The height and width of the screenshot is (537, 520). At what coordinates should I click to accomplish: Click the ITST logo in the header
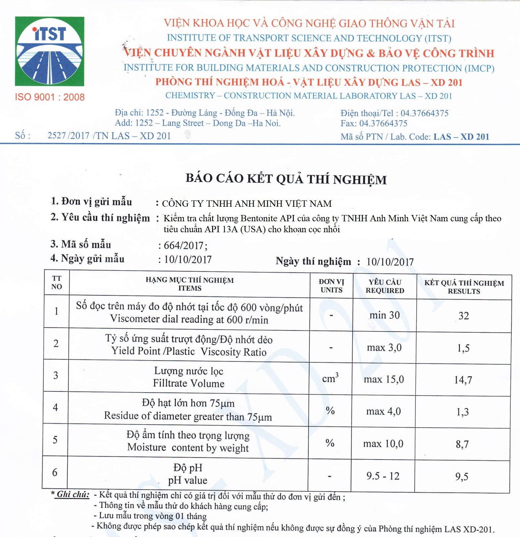pyautogui.click(x=49, y=51)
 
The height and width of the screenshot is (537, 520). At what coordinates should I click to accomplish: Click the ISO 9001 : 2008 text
pyautogui.click(x=50, y=97)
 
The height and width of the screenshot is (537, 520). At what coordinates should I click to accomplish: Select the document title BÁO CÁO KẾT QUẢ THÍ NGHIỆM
pyautogui.click(x=286, y=179)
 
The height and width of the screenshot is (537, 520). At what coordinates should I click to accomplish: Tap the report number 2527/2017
pyautogui.click(x=68, y=135)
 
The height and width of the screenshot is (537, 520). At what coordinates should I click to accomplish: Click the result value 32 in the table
pyautogui.click(x=464, y=316)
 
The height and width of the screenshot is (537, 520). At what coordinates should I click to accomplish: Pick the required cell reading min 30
pyautogui.click(x=384, y=315)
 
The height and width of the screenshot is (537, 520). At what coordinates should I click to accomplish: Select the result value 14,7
pyautogui.click(x=463, y=380)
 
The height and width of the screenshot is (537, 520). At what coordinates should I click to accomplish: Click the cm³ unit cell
pyautogui.click(x=330, y=378)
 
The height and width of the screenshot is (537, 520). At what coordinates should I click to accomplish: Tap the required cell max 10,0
pyautogui.click(x=383, y=444)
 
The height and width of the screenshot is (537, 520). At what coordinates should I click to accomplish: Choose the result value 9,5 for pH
pyautogui.click(x=462, y=477)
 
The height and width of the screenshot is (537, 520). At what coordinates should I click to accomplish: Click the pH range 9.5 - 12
pyautogui.click(x=383, y=476)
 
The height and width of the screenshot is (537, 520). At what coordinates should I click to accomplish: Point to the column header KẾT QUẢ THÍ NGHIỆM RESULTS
pyautogui.click(x=464, y=287)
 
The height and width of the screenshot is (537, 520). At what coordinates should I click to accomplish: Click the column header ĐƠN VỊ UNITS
pyautogui.click(x=331, y=286)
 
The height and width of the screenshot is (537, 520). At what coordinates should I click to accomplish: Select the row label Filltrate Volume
pyautogui.click(x=189, y=383)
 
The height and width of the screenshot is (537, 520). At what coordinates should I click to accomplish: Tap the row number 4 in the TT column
pyautogui.click(x=55, y=407)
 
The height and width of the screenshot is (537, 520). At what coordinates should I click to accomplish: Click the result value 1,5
pyautogui.click(x=463, y=348)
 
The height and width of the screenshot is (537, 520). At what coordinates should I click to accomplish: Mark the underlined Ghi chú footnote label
pyautogui.click(x=73, y=494)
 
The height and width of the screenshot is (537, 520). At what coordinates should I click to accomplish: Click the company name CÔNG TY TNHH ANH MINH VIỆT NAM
pyautogui.click(x=247, y=203)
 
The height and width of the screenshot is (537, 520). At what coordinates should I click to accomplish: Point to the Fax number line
pyautogui.click(x=374, y=124)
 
